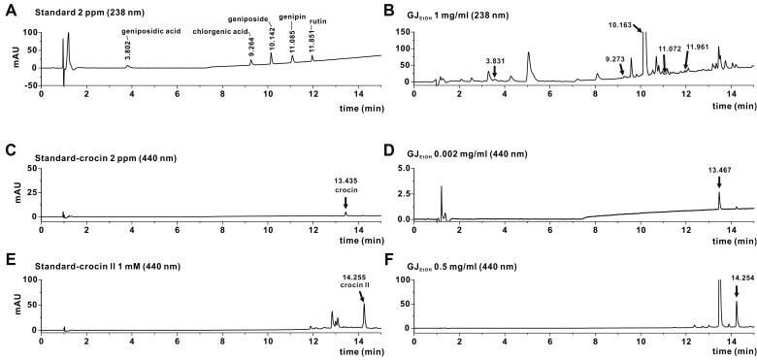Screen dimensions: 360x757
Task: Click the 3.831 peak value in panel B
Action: [x=495, y=60]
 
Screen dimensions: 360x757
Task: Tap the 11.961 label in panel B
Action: [x=703, y=46]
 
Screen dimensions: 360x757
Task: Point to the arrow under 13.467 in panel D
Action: [x=719, y=183]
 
